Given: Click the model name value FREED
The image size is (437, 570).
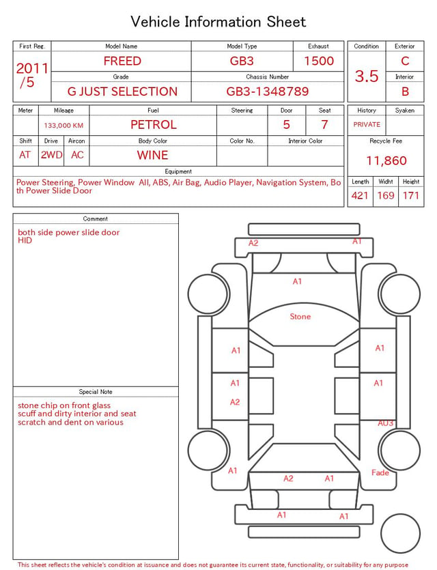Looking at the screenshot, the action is coord(122,61).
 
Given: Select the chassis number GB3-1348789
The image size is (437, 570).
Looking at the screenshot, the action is coord(268,91).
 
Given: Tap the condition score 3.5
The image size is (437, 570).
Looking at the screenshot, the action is coord(367,76).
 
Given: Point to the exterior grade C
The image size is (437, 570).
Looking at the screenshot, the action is coord(405,61).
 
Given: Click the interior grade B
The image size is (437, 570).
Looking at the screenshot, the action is coord(405,91).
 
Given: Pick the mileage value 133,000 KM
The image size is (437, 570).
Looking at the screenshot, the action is coord(64,126).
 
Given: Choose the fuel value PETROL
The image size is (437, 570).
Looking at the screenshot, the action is coord(154,125).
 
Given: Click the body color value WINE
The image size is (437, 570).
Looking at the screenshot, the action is coord(153,155).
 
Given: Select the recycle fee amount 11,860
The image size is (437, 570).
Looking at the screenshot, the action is coord(386,160).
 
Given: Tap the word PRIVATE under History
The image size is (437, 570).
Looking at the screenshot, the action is coord(367,125).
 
